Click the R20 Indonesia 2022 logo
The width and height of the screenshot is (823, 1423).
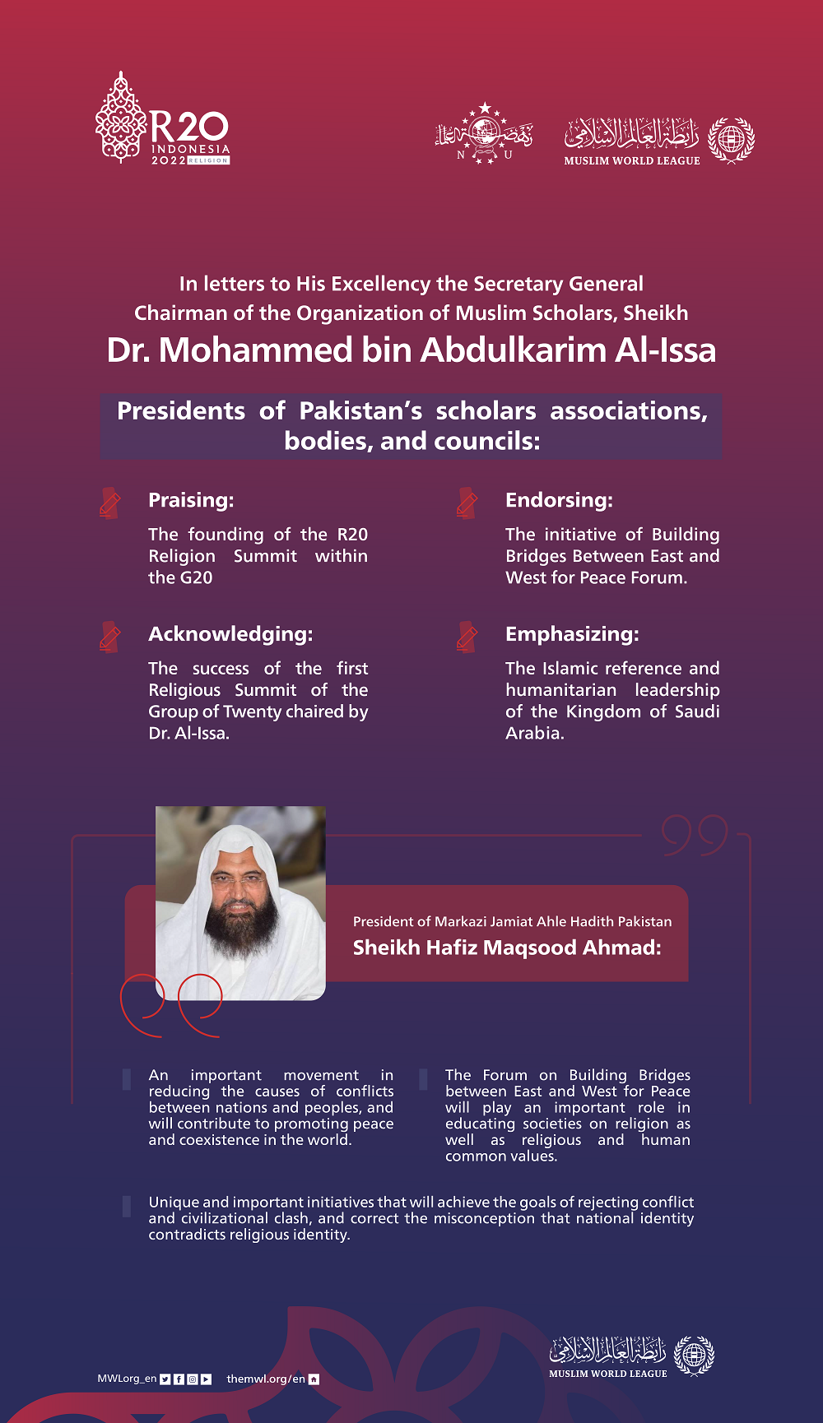162,120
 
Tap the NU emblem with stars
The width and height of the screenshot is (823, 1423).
484,133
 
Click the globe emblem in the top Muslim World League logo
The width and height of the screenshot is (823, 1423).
731,139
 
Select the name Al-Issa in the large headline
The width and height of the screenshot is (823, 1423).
665,350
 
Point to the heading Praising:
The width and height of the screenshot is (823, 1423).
191,500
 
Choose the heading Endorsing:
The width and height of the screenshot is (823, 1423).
559,500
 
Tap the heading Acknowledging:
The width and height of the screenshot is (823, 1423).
230,634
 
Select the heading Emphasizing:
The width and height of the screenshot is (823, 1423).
572,634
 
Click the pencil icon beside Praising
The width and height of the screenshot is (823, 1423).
109,503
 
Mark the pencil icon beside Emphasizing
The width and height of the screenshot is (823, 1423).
467,637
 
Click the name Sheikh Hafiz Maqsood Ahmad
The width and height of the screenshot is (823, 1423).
507,948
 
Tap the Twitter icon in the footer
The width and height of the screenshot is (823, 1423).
165,1379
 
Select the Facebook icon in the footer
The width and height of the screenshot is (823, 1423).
179,1379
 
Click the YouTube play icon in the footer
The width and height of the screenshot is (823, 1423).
206,1379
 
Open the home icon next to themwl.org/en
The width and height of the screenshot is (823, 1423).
314,1379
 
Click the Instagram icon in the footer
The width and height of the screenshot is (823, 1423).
192,1379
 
